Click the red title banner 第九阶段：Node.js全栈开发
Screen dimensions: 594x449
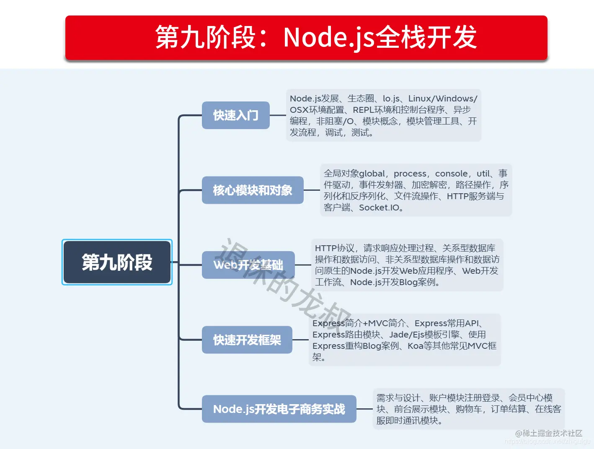point(306,38)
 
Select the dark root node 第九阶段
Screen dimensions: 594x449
point(117,262)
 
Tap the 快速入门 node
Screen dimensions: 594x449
point(235,115)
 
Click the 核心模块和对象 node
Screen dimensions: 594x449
point(253,190)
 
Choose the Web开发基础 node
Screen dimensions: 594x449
point(248,265)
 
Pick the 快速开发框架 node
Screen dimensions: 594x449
point(247,340)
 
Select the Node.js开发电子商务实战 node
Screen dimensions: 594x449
point(279,409)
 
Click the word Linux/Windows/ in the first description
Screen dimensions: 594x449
point(443,99)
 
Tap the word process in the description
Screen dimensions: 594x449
point(410,174)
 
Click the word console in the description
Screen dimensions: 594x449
point(452,174)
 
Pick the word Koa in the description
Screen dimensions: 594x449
point(415,346)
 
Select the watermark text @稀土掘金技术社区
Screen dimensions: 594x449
point(549,433)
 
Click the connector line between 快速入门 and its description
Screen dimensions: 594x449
point(278,115)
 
